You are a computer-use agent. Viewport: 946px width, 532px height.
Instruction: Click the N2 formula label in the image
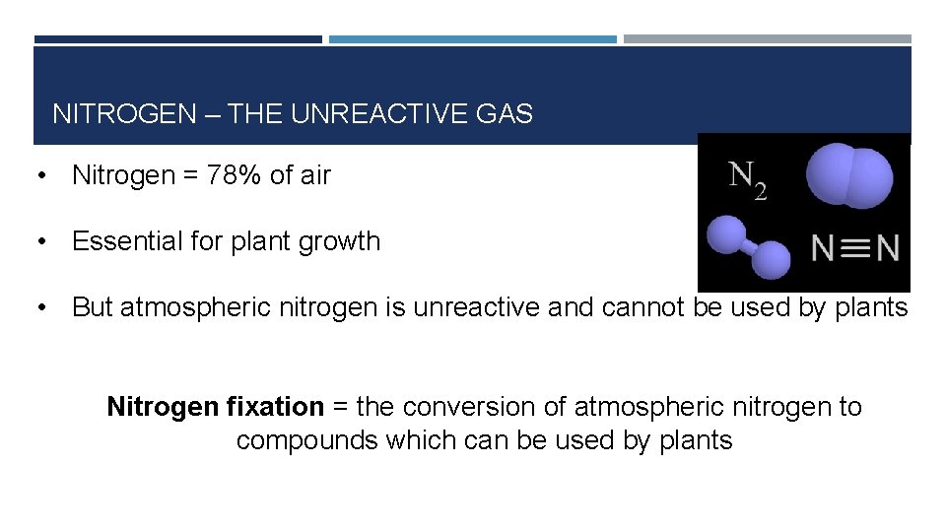pos(747,179)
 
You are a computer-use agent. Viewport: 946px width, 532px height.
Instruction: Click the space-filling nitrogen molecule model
pos(848,175)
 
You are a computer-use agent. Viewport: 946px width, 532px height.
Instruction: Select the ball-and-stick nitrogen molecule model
pos(749,248)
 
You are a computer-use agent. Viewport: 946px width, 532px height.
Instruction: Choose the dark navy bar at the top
pos(177,39)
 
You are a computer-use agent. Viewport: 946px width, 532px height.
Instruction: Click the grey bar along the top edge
pos(767,39)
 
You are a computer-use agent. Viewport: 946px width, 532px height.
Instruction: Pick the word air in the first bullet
pos(313,176)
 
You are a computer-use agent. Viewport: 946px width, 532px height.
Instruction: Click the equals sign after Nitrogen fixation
pos(340,406)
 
